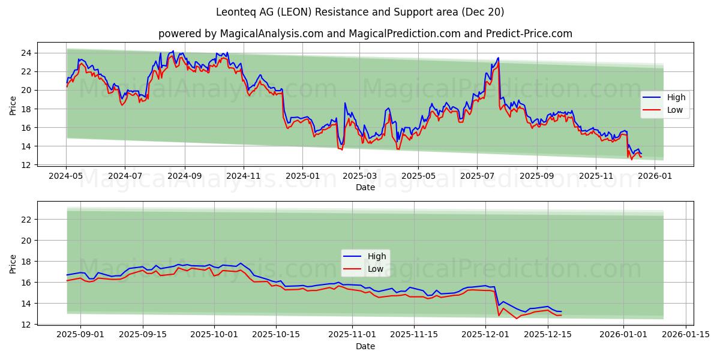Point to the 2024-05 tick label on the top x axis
(66, 177)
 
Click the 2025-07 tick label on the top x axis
(476, 177)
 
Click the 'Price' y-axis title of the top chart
(13, 106)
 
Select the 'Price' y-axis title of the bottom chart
(13, 264)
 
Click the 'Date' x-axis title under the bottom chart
(365, 346)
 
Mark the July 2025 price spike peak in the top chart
(498, 58)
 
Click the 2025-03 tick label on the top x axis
(359, 177)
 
